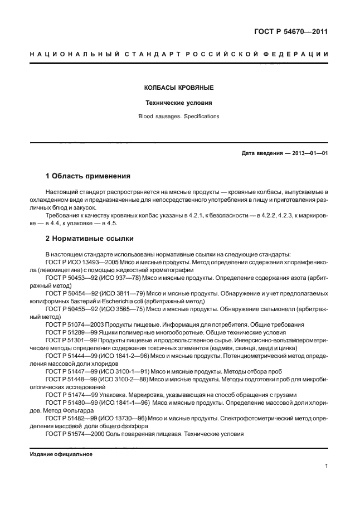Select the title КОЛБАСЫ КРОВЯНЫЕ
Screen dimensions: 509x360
pyautogui.click(x=179, y=88)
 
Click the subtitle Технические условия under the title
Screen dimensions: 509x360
pyautogui.click(x=179, y=103)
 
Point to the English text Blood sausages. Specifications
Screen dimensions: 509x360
pyautogui.click(x=179, y=117)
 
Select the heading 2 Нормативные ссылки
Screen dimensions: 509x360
pyautogui.click(x=89, y=238)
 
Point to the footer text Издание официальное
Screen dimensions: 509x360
pyautogui.click(x=61, y=454)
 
